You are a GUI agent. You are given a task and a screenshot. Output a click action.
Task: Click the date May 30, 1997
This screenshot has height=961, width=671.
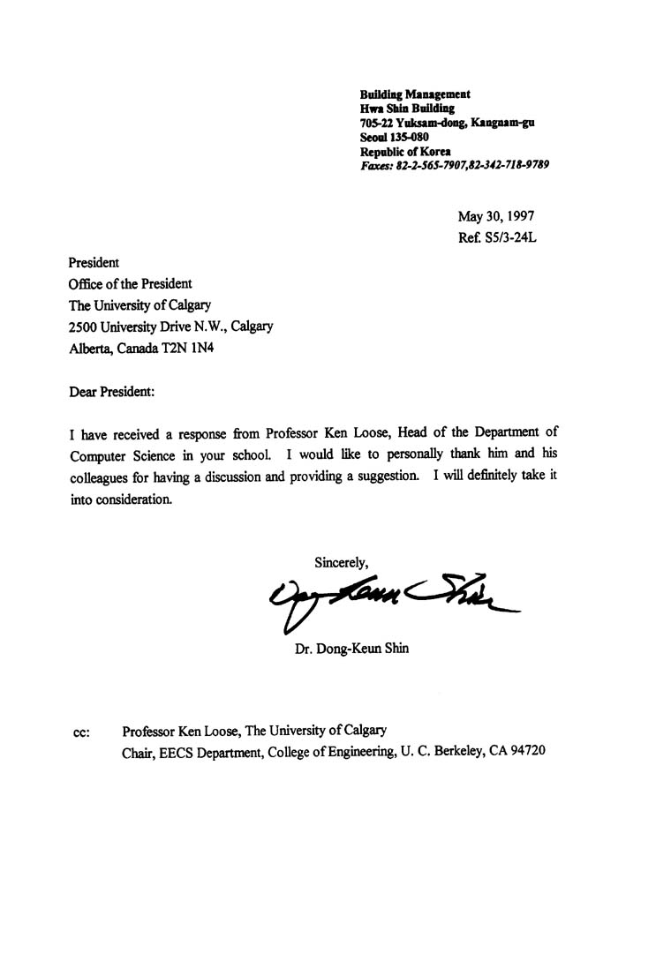point(495,216)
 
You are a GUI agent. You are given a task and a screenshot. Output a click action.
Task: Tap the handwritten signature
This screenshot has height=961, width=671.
point(388,599)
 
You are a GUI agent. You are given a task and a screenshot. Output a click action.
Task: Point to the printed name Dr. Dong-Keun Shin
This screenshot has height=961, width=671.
point(352,650)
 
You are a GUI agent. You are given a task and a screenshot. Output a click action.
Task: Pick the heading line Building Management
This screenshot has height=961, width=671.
point(415,94)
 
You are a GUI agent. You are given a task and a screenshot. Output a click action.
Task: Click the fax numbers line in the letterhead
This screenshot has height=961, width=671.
point(455,164)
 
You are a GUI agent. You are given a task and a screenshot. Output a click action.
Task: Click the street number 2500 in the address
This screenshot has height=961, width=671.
point(85,327)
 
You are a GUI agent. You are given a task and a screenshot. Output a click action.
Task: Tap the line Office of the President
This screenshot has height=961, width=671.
point(130,284)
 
